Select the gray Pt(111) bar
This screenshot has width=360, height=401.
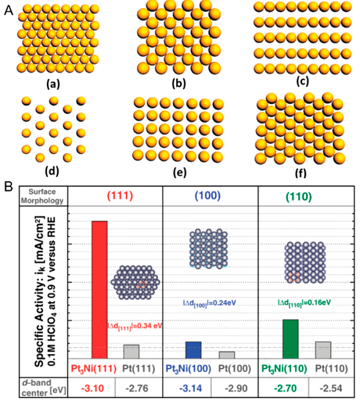[x=131, y=352]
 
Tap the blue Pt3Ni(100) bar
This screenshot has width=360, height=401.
[x=193, y=350]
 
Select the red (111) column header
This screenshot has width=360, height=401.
[x=115, y=196]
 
